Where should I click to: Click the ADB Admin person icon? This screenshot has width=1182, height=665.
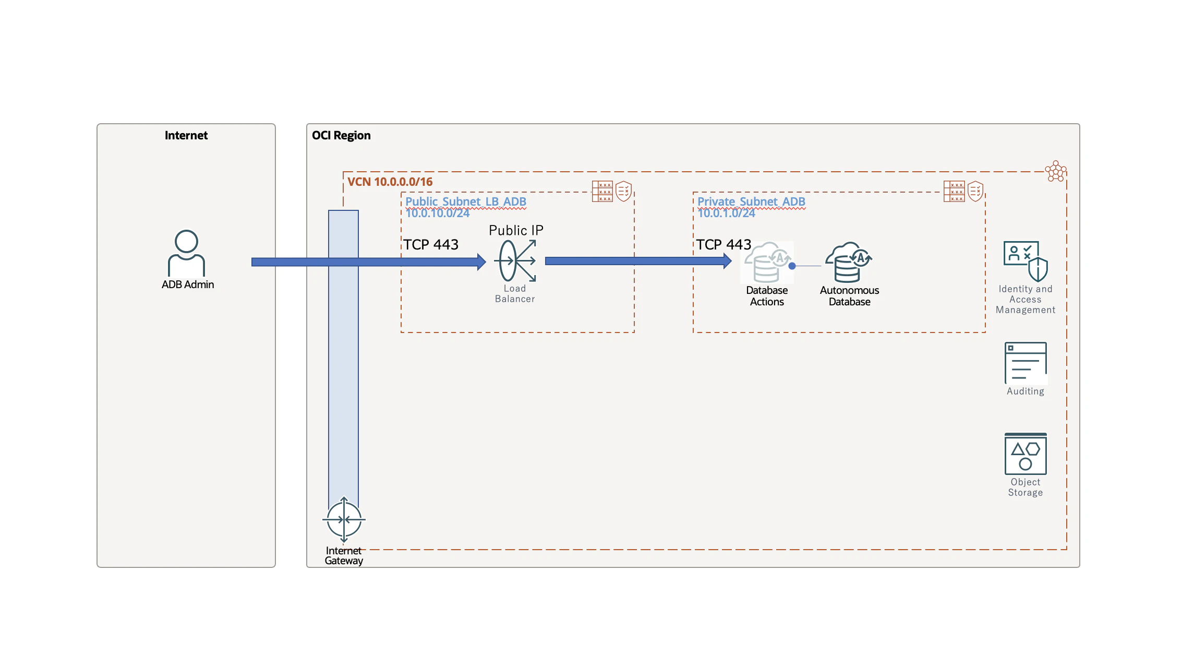186,253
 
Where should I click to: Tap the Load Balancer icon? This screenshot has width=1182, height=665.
516,260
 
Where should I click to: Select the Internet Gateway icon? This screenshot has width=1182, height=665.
344,519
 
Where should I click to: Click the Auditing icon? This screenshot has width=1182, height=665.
1026,363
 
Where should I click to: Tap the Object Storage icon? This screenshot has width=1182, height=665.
1026,454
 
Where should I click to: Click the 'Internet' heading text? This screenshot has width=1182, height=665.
186,136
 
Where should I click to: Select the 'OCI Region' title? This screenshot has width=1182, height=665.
341,136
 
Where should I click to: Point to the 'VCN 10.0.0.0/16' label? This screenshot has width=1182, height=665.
390,182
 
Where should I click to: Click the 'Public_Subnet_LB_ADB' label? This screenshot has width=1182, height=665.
466,201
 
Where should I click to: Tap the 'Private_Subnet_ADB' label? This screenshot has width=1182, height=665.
751,201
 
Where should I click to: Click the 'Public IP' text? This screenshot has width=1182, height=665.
516,230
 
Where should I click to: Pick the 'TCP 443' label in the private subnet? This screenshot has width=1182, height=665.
723,244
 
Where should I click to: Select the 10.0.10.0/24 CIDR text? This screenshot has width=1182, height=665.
438,213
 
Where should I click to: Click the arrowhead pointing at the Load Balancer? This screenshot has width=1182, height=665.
481,262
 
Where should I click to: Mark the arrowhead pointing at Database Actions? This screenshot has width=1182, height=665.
728,260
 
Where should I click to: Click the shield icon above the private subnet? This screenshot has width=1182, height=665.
975,191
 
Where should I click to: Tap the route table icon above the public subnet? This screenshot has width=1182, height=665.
602,192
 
